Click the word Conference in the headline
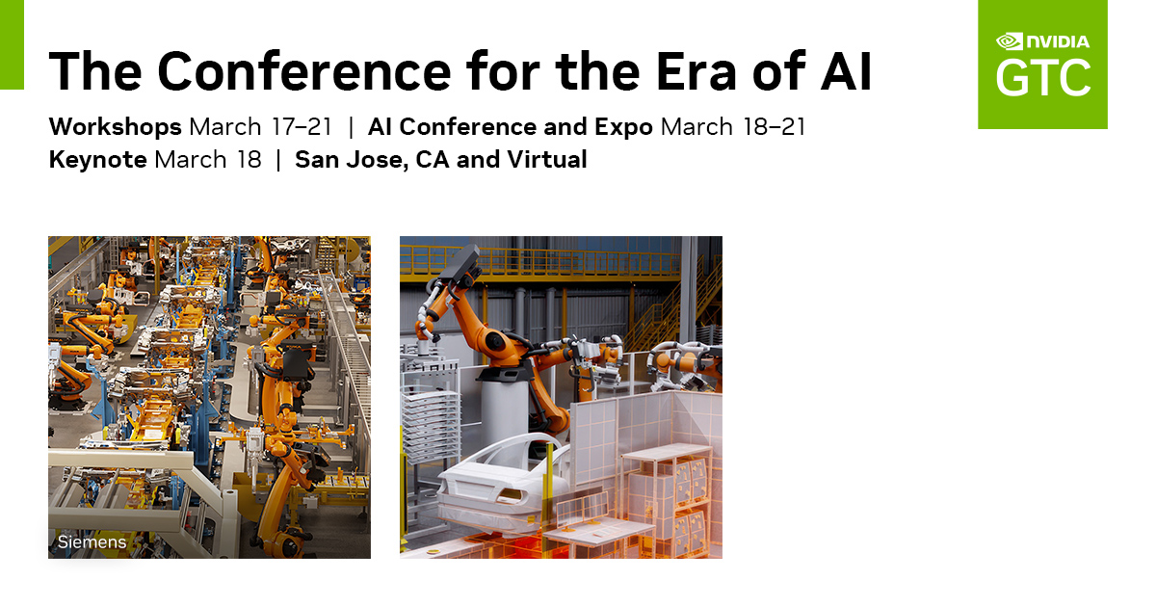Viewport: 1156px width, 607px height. (304, 70)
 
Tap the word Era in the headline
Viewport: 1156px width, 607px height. (696, 70)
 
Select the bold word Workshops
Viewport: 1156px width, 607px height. (115, 127)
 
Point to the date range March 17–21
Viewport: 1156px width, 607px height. (261, 127)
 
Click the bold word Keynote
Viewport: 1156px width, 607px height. (97, 160)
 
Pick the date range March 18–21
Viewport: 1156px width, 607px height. (733, 127)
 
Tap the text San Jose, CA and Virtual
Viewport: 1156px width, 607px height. (441, 160)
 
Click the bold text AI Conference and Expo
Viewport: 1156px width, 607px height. (510, 127)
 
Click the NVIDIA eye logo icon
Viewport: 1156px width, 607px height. (1009, 41)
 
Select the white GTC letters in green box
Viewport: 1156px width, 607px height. (1043, 77)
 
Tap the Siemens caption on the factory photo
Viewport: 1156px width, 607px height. (92, 541)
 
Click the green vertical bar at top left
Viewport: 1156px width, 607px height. (12, 44)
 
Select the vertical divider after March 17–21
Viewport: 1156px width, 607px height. (351, 127)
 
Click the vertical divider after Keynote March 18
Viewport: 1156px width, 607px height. (278, 160)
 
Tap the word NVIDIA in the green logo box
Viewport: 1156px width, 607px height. (1058, 41)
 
